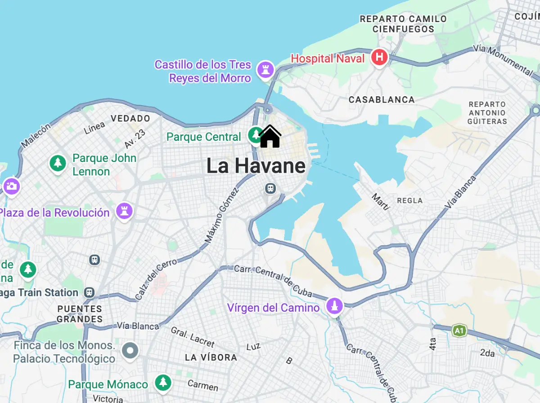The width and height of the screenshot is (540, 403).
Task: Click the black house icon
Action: click(270, 136)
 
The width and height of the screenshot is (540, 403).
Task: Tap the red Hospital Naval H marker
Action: click(379, 58)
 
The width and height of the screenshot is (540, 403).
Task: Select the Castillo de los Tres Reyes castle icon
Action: click(265, 70)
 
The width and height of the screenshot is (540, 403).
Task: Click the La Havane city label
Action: click(256, 166)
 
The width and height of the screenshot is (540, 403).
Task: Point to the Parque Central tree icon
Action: click(256, 135)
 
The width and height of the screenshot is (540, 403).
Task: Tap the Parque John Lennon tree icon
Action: click(58, 163)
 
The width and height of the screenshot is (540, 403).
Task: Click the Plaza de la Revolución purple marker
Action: click(124, 210)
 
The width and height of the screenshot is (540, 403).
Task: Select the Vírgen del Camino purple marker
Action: click(334, 306)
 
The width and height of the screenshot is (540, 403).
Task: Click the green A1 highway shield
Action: click(459, 331)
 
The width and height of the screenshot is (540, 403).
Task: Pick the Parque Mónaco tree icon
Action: click(163, 383)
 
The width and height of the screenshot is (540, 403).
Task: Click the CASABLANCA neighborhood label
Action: click(382, 100)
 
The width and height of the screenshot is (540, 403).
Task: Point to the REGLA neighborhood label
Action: click(410, 201)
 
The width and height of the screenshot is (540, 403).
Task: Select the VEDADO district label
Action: click(130, 119)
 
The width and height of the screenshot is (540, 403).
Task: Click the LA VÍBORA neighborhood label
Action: click(211, 358)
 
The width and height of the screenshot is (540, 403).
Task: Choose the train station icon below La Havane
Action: click(270, 188)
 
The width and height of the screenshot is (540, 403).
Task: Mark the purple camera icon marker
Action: click(11, 186)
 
